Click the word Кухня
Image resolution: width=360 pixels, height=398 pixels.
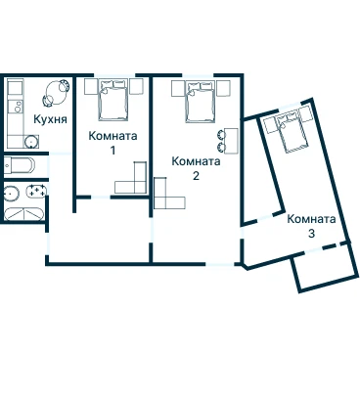[50, 119]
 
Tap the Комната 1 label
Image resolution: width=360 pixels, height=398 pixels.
[112, 143]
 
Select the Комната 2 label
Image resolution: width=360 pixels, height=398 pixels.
[196, 168]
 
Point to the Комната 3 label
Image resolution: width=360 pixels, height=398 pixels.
[311, 226]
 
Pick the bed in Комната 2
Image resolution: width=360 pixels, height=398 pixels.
[201, 102]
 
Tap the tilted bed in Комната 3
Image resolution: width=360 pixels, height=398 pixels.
[292, 132]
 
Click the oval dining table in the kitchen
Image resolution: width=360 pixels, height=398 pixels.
[56, 93]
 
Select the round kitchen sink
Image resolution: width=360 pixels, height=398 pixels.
[31, 142]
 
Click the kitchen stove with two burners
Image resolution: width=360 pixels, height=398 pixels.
[16, 107]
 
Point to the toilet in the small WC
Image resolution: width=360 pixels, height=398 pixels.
[20, 165]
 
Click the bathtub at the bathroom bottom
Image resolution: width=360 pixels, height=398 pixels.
[23, 214]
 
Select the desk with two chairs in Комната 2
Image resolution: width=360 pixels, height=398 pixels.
[228, 141]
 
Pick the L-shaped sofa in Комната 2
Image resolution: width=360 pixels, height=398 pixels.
[165, 198]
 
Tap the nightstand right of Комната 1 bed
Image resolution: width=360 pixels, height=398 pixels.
[137, 87]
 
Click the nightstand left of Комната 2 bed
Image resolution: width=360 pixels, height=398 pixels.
[178, 89]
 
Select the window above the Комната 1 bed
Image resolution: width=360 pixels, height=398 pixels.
[114, 75]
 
